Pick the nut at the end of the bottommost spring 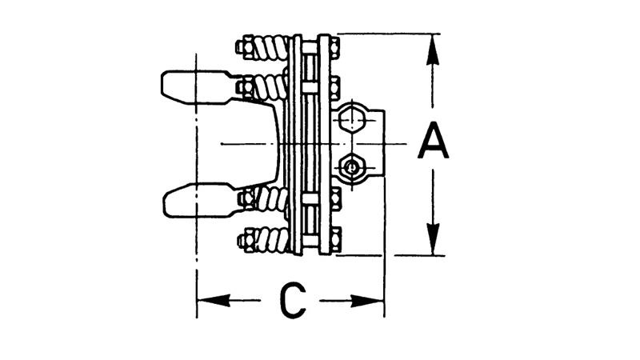[246, 238]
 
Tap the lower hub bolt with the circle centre [350, 166]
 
